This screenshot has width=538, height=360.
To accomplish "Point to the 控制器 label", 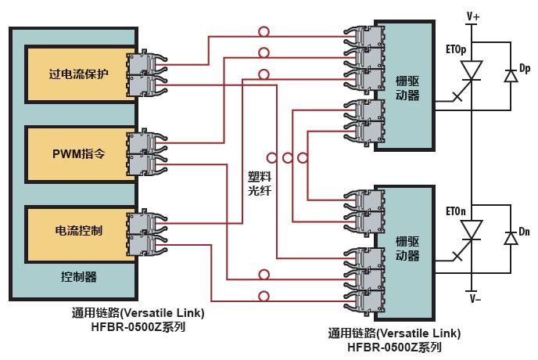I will (x=79, y=277).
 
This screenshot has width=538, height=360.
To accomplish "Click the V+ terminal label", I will (x=474, y=15).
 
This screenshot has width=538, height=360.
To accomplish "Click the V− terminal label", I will (x=474, y=298).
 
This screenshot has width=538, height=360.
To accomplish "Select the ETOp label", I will (x=456, y=49).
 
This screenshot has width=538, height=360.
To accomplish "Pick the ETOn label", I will (x=456, y=211).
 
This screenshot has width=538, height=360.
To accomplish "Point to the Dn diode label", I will (x=525, y=232).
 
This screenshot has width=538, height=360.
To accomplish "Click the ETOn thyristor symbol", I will (x=472, y=232).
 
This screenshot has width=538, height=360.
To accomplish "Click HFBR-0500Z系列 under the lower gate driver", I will (x=395, y=347).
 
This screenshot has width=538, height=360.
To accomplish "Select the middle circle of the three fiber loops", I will (x=286, y=158).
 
